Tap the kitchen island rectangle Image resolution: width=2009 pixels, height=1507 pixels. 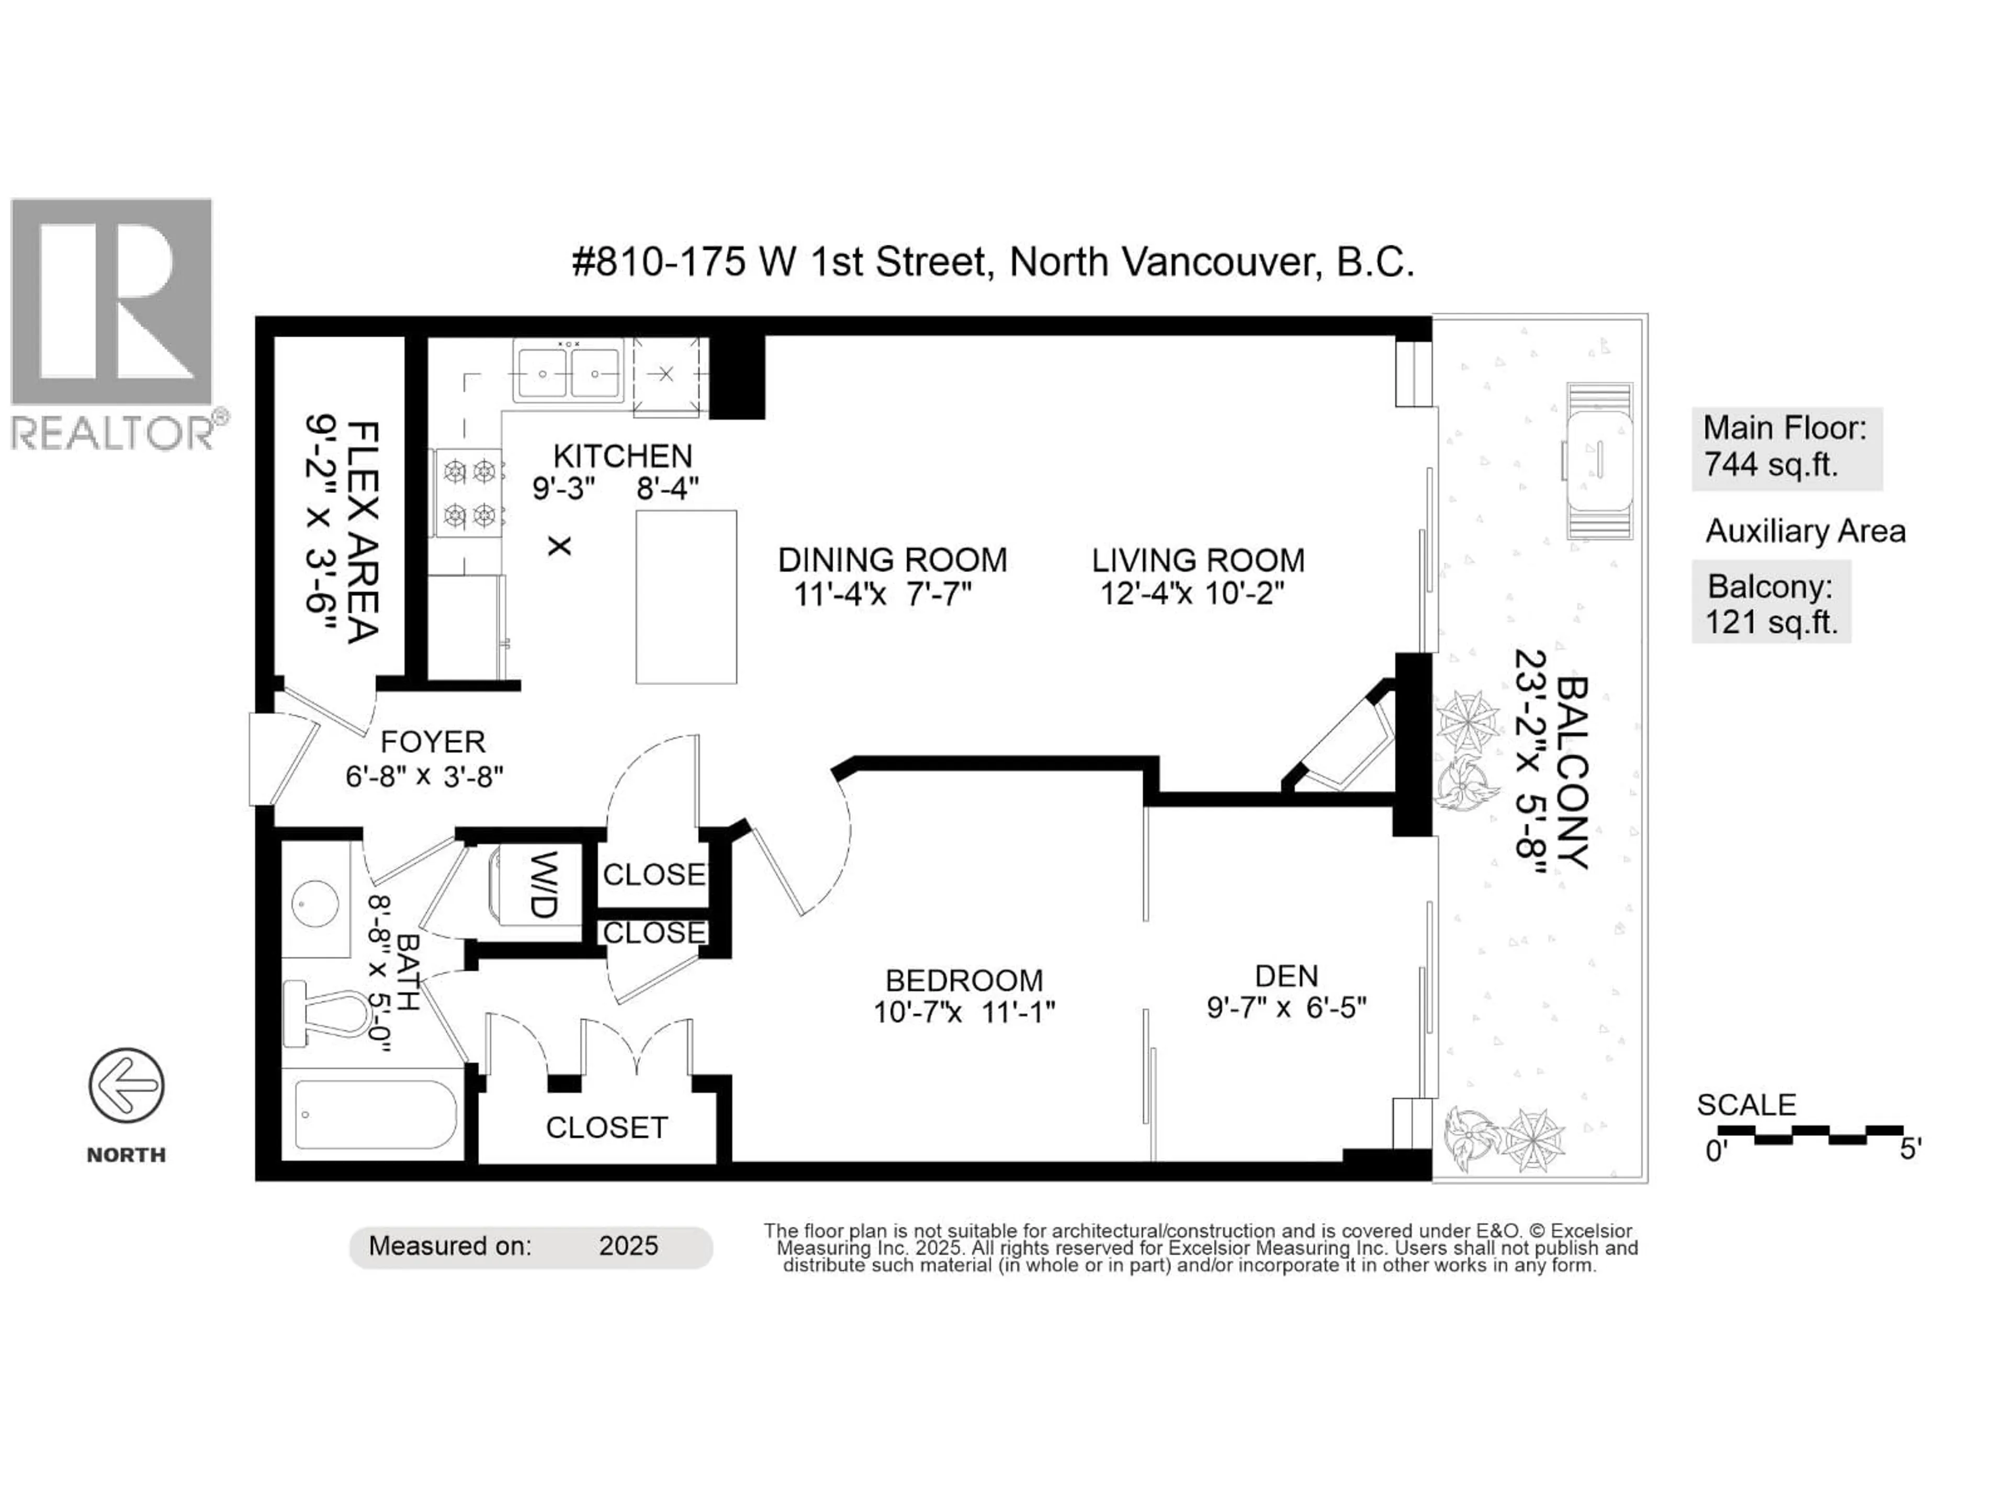686,597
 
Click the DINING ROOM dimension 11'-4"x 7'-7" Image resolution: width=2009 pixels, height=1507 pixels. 883,595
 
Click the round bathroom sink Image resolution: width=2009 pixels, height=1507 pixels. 315,904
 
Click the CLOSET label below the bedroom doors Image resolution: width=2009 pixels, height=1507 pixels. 607,1127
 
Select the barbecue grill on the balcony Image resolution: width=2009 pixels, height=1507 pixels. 1599,462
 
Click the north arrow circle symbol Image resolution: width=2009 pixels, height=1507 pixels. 126,1086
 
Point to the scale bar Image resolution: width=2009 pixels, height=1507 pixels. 1810,1134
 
